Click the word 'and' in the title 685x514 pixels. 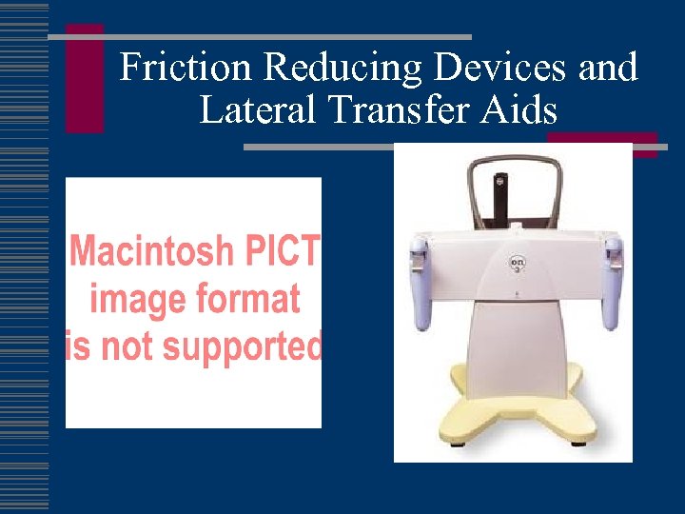[x=607, y=68]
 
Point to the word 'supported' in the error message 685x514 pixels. [x=235, y=346]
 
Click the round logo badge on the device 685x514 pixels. [x=519, y=262]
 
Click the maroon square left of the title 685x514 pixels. [x=85, y=78]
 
